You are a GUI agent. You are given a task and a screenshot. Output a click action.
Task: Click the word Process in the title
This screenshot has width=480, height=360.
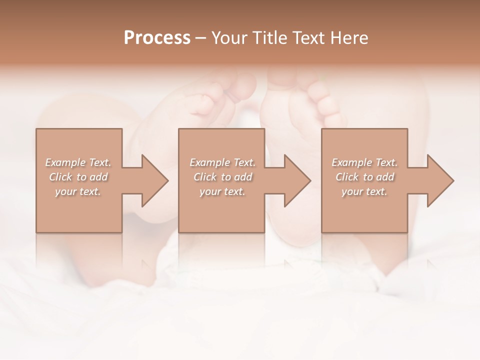pos(157,38)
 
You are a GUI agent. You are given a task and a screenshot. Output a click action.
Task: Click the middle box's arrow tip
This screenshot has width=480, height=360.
pos(309,180)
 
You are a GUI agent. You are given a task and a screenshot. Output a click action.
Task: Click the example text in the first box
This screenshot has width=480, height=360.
pos(78,177)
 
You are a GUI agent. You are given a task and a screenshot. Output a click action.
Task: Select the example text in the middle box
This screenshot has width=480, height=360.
pos(222,177)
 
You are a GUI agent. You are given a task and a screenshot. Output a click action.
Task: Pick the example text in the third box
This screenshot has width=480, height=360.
pos(364,177)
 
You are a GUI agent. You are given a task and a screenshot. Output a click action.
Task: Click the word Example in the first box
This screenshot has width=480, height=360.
pos(65,162)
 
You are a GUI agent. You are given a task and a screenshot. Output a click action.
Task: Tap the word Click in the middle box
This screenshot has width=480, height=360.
pos(204,177)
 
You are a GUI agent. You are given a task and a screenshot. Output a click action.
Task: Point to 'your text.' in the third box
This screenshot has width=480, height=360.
pos(364,191)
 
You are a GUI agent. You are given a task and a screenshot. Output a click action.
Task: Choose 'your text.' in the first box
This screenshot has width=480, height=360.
pos(78,191)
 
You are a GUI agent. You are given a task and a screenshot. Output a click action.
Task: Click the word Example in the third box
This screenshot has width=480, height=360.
pos(351,162)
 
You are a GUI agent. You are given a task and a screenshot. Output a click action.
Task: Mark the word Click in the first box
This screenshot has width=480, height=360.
pos(60,177)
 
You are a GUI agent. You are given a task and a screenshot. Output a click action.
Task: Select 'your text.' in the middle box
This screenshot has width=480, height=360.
pos(222,191)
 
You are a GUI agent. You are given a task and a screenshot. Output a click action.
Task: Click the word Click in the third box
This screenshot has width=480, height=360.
pos(346,177)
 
